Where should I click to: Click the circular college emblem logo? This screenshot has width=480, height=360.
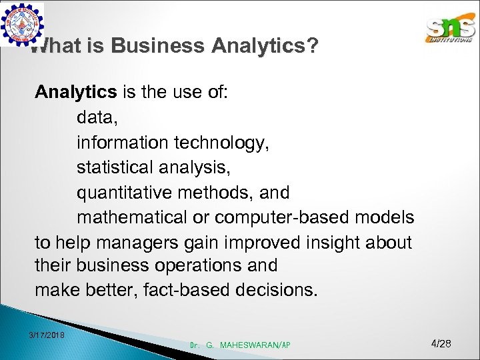[22, 24]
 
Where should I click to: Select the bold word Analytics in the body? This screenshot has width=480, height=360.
[75, 91]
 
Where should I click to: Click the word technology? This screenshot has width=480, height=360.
[224, 142]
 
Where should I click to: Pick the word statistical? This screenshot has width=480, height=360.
[117, 167]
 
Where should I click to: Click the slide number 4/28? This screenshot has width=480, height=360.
[441, 344]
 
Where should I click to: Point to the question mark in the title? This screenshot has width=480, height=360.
[311, 46]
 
